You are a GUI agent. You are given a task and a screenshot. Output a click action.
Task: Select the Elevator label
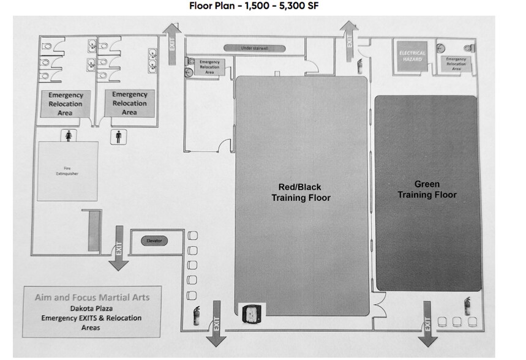pos(154,241)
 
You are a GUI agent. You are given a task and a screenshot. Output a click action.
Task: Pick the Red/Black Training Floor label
pos(301,192)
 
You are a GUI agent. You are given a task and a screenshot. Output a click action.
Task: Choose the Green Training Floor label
pos(427,189)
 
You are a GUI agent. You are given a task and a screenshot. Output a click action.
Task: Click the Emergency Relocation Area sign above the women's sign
pos(66,103)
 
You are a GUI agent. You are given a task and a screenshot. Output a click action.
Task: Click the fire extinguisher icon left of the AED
pos(197,315)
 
